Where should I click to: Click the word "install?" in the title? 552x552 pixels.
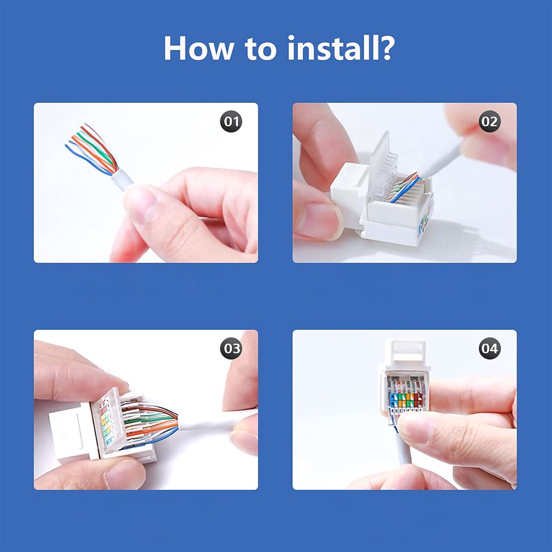[x=341, y=48]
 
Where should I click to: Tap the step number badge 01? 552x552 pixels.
[x=231, y=122]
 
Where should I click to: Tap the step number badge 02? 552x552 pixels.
[x=489, y=122]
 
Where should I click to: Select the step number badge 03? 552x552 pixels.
[x=231, y=349]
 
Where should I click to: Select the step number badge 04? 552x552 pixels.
[x=489, y=349]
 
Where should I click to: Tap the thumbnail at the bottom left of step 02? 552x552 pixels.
[x=318, y=221]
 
